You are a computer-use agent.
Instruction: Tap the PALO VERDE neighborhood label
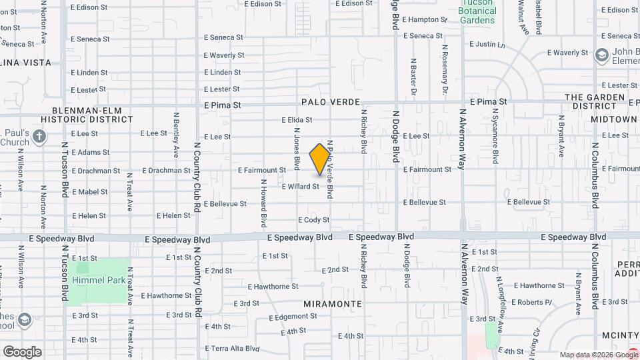pyautogui.click(x=327, y=102)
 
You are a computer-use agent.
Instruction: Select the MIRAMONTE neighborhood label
pyautogui.click(x=333, y=303)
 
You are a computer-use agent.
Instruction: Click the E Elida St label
pyautogui.click(x=297, y=120)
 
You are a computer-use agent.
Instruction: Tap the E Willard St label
pyautogui.click(x=300, y=187)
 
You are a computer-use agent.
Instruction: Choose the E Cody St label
pyautogui.click(x=313, y=219)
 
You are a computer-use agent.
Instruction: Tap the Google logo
pyautogui.click(x=22, y=352)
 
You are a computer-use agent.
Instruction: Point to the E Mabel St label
pyautogui.click(x=89, y=191)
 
